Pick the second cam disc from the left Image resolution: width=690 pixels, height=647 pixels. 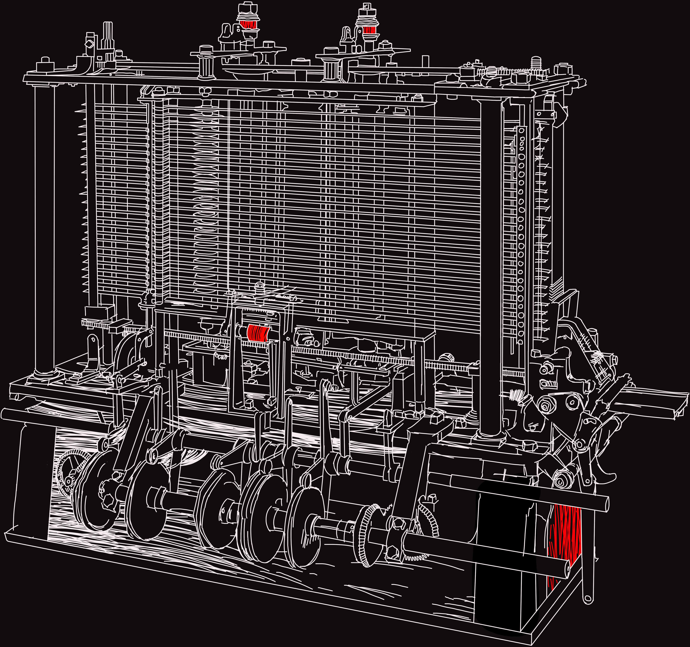146,500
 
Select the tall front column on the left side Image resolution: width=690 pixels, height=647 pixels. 44,229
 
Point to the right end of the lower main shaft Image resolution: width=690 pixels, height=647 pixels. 566,569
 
